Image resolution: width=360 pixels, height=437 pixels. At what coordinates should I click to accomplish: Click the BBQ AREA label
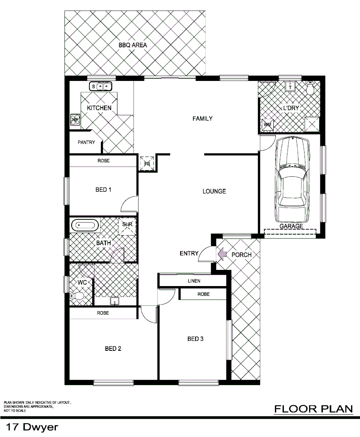(x=132, y=45)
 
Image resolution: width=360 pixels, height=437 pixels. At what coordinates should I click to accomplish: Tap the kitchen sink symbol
(x=100, y=86)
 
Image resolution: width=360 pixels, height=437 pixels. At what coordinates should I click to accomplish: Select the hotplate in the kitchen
(x=75, y=119)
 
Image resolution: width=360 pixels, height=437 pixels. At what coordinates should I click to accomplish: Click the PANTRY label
(x=86, y=142)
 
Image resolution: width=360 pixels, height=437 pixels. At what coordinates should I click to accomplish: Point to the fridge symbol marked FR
(x=147, y=163)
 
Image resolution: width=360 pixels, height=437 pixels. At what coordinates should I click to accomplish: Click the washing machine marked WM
(x=268, y=125)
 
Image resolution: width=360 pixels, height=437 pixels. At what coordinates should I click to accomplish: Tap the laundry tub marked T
(x=290, y=87)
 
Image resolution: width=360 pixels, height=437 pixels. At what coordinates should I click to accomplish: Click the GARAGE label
(x=291, y=227)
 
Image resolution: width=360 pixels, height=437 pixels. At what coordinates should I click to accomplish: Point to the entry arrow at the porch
(x=222, y=254)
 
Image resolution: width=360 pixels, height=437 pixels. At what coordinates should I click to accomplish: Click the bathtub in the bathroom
(x=85, y=225)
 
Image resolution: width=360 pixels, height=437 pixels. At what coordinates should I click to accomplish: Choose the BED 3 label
(x=195, y=339)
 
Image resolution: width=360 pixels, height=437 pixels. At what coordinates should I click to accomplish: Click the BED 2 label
(x=113, y=348)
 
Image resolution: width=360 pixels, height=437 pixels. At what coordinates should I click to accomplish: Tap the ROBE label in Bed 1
(x=103, y=161)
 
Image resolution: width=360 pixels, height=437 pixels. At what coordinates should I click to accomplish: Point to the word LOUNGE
(x=214, y=191)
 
